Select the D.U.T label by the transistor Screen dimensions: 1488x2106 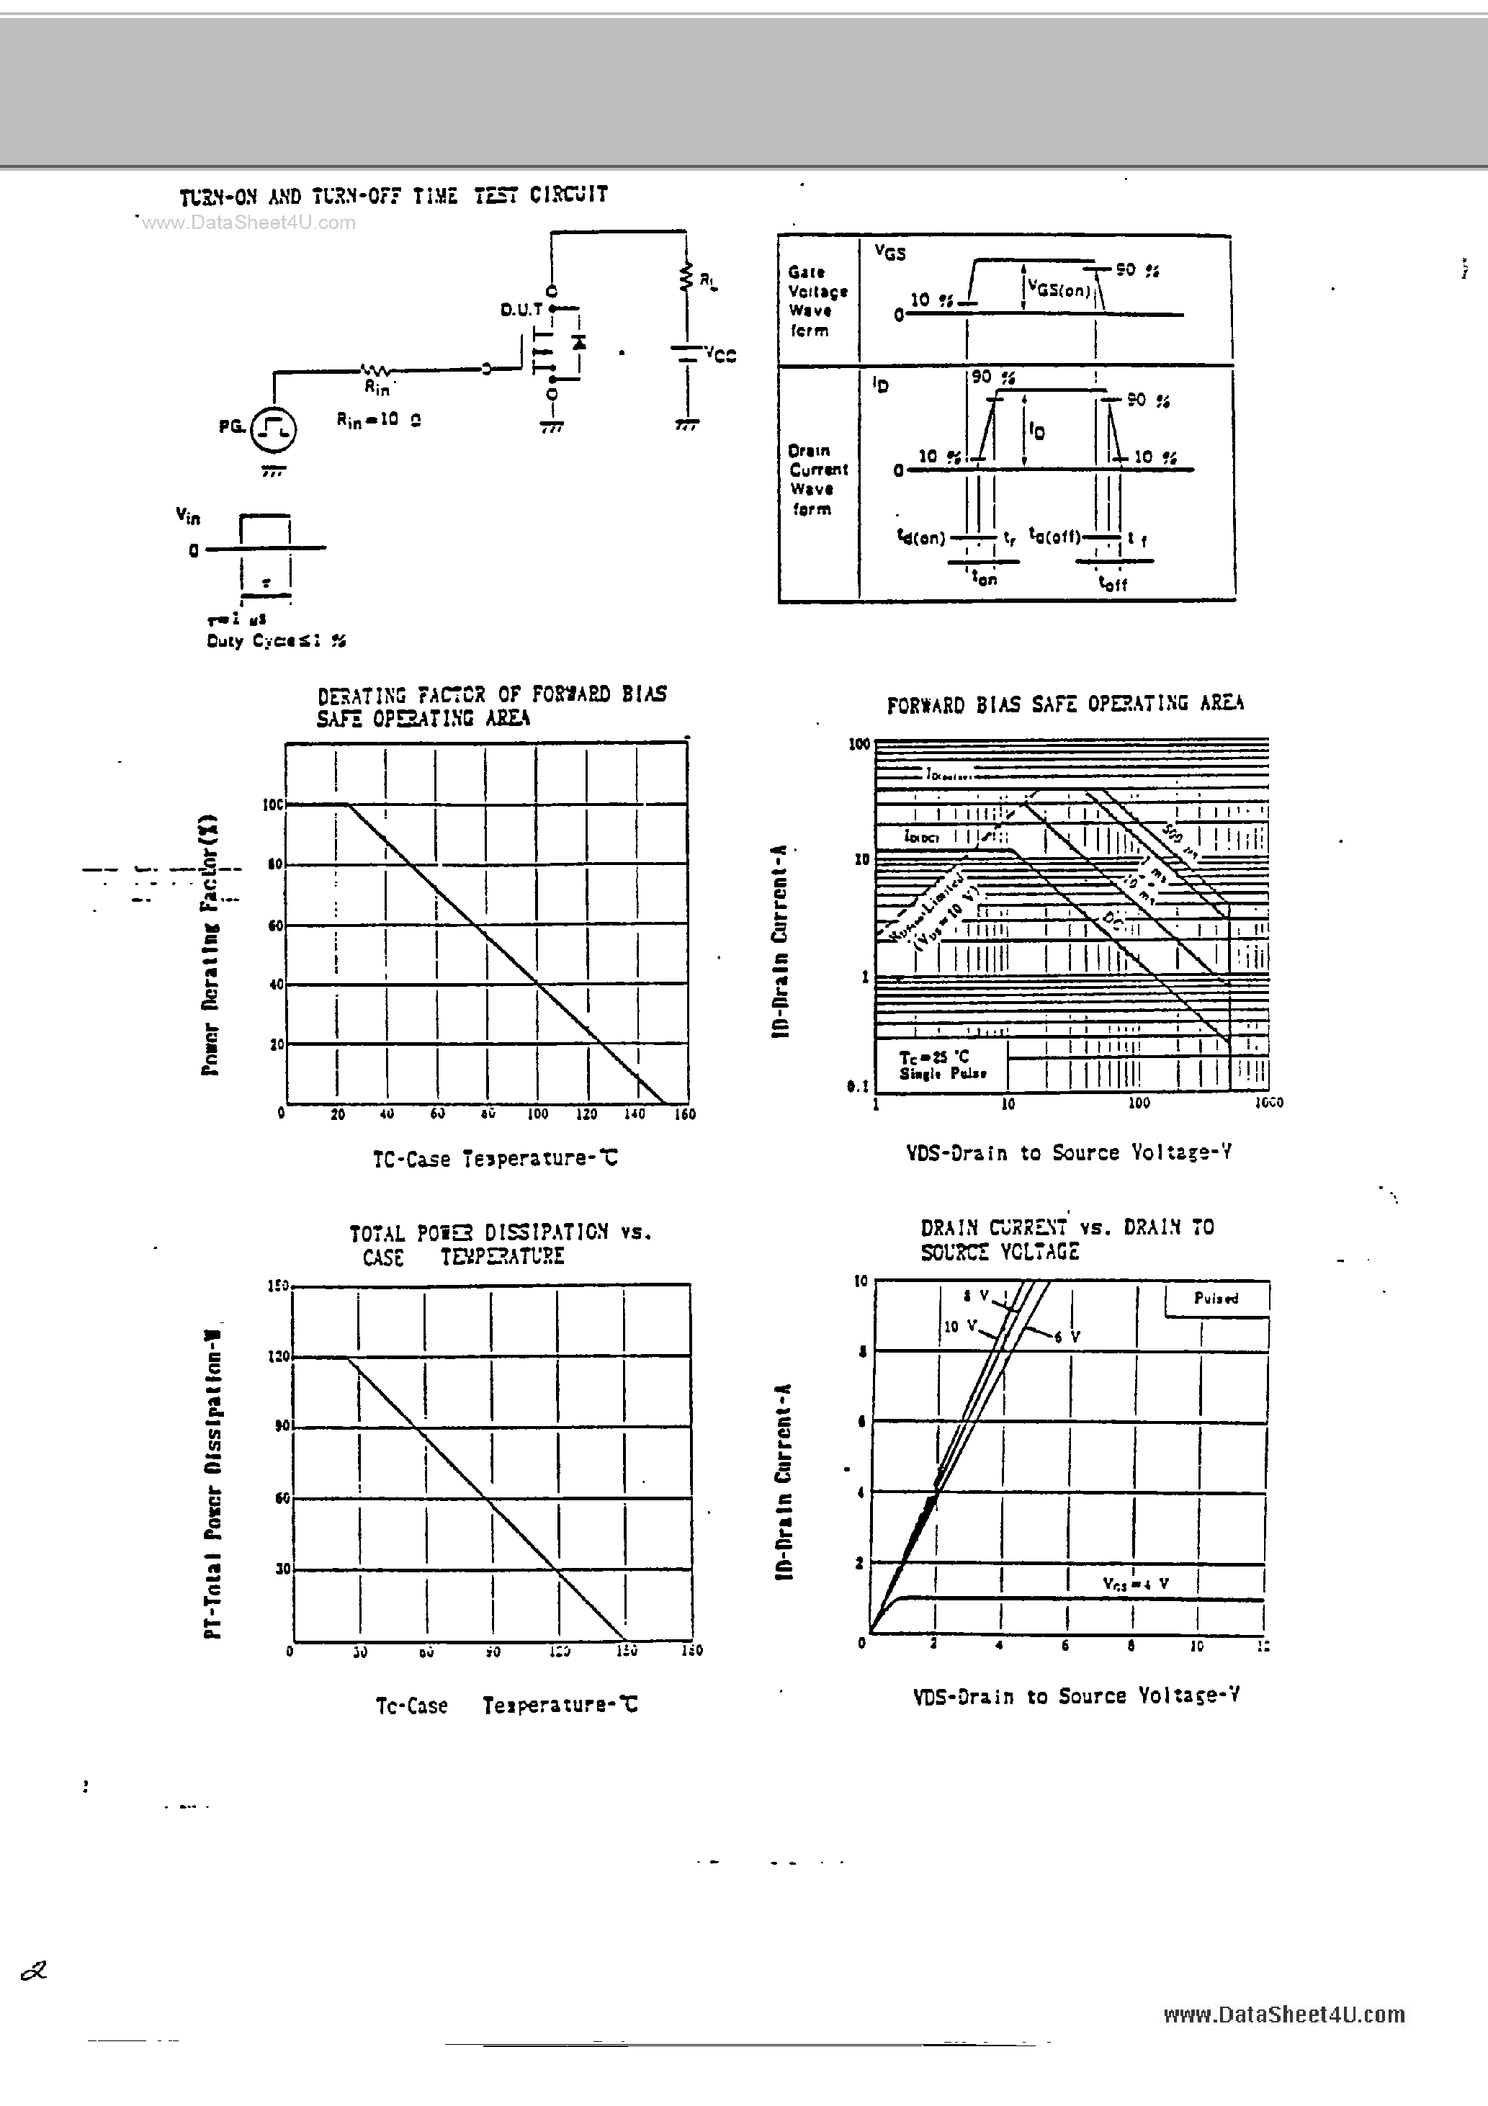[x=520, y=310]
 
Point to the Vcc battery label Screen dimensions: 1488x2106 [x=720, y=354]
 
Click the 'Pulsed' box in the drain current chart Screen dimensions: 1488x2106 [x=1216, y=1298]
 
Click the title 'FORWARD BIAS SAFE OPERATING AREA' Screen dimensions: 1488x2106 [x=1065, y=704]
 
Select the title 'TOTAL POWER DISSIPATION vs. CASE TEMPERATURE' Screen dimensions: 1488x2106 [x=500, y=1244]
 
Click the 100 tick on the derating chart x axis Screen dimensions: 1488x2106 [x=537, y=1114]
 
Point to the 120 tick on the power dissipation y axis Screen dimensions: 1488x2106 [x=279, y=1357]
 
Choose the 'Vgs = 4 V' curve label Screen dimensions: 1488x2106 [x=1136, y=1582]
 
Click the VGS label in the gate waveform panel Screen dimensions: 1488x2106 [x=890, y=252]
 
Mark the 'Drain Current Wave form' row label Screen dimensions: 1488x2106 [x=817, y=480]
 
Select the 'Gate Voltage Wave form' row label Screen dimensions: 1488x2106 [x=817, y=301]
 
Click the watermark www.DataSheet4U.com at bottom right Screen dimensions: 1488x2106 [x=1283, y=2015]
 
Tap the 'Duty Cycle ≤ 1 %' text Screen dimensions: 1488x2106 [x=276, y=641]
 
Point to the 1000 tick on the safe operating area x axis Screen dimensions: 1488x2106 [x=1269, y=1103]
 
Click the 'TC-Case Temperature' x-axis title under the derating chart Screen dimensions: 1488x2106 [x=495, y=1158]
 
